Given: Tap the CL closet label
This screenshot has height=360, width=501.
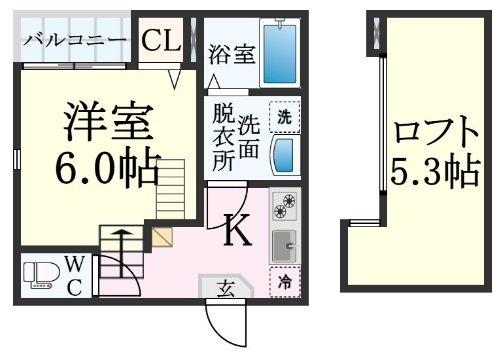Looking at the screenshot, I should [x=161, y=41].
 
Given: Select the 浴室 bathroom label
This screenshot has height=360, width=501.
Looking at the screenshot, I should [x=232, y=55].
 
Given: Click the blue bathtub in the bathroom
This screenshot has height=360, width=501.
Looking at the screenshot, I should [x=279, y=52].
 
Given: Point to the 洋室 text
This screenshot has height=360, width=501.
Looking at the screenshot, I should [x=109, y=122].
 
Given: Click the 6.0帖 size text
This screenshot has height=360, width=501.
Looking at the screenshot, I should [x=107, y=168].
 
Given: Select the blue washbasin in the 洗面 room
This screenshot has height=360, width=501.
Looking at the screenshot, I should [x=285, y=155].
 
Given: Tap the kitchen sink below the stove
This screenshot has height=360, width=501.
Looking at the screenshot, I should [x=285, y=247].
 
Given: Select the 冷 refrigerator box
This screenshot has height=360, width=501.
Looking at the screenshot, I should [x=285, y=282].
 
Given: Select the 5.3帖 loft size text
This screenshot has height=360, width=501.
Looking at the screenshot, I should [x=436, y=173].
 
